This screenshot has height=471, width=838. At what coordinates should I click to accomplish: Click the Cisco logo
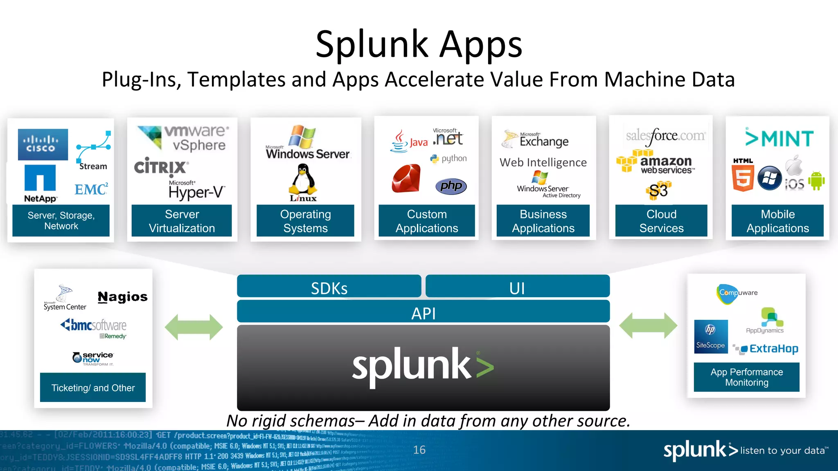coord(43,144)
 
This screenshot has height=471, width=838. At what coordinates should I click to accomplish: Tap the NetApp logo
coord(40,183)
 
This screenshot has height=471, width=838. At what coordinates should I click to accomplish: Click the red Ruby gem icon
coord(406,178)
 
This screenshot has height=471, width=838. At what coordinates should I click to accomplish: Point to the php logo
coord(451,186)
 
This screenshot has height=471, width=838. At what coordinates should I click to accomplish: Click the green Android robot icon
coord(816,181)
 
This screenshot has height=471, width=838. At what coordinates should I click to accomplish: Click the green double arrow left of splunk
coord(194,327)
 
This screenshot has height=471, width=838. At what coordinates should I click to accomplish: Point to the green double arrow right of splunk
coord(648,325)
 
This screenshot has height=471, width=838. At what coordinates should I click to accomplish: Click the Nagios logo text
coord(122,297)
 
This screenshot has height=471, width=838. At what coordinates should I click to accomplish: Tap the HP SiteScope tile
coord(711,336)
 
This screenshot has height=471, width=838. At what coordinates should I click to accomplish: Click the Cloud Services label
coord(661,221)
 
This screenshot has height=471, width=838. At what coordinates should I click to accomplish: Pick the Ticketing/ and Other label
coord(93,388)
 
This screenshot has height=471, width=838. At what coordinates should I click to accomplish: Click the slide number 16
coord(419,450)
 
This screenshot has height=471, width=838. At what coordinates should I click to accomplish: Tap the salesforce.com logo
coord(665,136)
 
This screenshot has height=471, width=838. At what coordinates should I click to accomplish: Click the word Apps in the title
coord(481,45)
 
